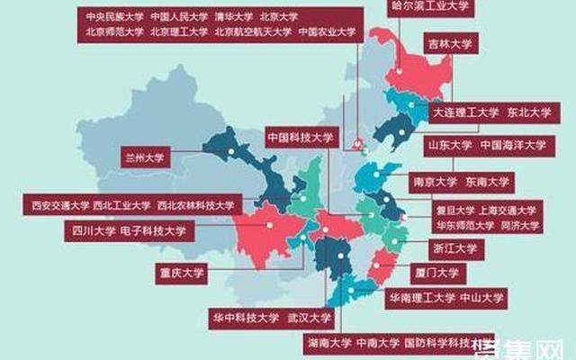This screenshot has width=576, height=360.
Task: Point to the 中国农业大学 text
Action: (x=326, y=31)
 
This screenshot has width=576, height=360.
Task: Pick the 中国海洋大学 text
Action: (x=512, y=144)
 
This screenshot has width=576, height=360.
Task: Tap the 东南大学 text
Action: (x=487, y=180)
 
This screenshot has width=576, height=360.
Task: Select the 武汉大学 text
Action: (x=310, y=317)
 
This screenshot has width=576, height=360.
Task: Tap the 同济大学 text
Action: (x=519, y=225)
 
